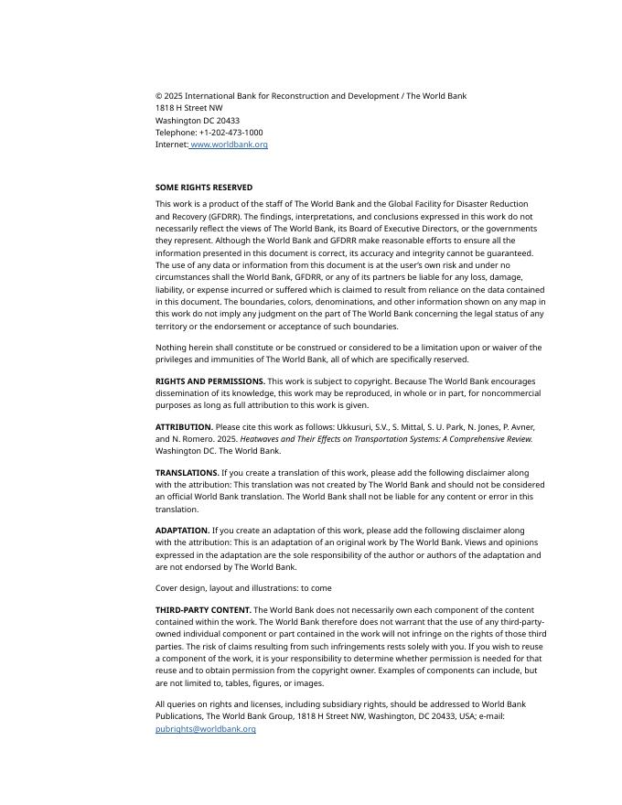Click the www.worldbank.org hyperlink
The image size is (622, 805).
[229, 145]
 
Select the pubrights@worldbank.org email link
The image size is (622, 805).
[205, 729]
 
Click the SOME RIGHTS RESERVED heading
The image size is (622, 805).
[204, 188]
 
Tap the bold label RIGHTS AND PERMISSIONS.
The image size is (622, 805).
[210, 381]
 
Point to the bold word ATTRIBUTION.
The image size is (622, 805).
[184, 427]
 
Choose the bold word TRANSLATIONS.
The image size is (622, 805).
[188, 473]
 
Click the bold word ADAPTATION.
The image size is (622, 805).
[183, 531]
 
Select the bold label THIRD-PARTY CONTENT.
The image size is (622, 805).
[203, 610]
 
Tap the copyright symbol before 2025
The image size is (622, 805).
[158, 96]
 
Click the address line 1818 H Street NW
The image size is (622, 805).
[188, 108]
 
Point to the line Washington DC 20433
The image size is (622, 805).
[198, 121]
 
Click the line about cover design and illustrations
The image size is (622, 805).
[243, 588]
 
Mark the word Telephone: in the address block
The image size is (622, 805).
[176, 133]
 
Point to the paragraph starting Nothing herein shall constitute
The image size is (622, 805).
[349, 354]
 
